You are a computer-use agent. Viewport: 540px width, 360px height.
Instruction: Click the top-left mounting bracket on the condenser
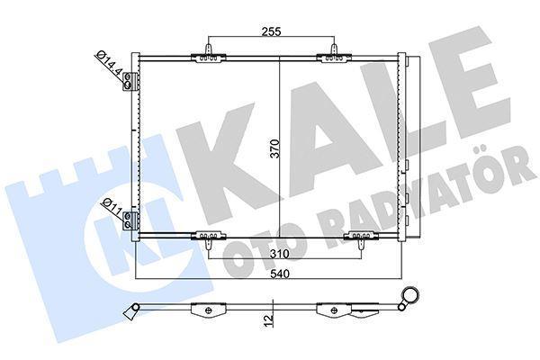207,56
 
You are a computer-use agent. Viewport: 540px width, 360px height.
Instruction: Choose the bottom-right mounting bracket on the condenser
360,238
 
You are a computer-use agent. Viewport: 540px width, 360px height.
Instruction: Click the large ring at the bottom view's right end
412,296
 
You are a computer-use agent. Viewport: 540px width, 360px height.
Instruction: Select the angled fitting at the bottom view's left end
132,310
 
